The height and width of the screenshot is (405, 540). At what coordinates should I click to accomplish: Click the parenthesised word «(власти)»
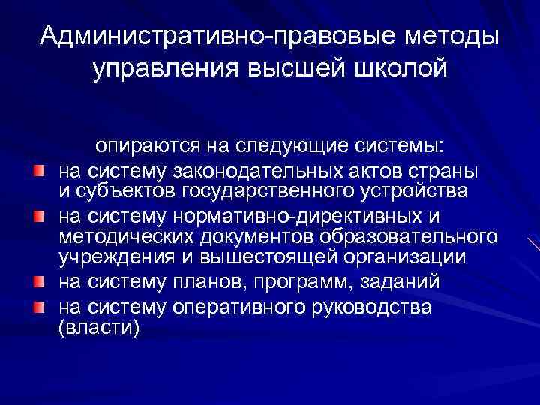click(x=98, y=328)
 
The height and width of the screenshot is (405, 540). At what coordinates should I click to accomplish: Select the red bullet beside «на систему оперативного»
click(x=39, y=307)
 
